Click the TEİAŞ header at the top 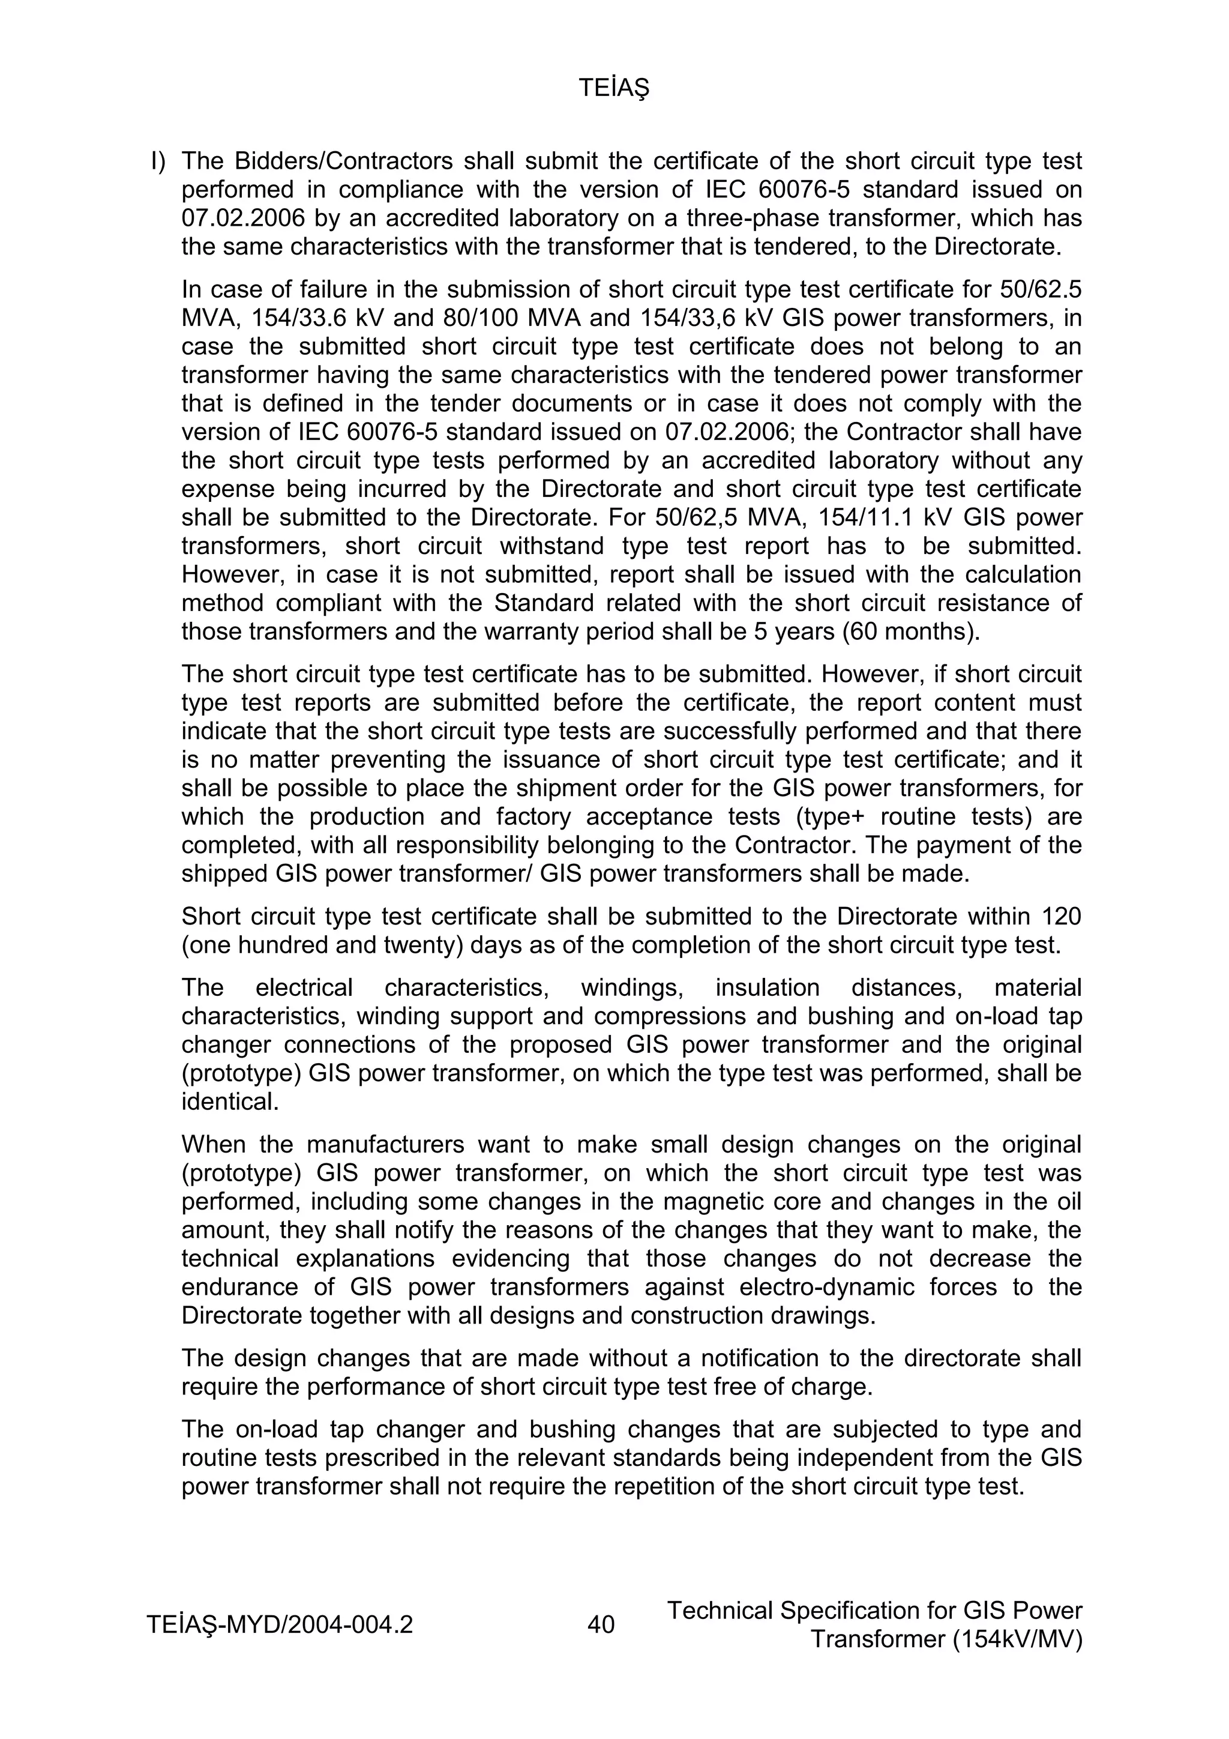coord(614,89)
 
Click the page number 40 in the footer coord(601,1624)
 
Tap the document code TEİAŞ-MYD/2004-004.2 coord(280,1624)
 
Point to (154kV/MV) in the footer coord(1017,1640)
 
